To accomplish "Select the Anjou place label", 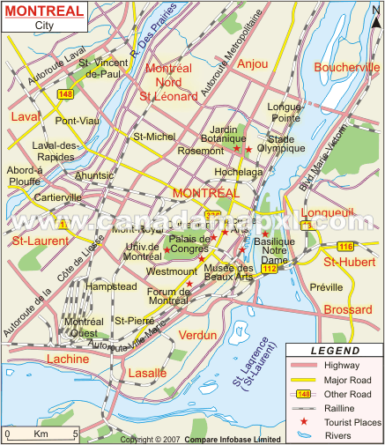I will click(x=253, y=63).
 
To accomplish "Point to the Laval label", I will click(x=26, y=116).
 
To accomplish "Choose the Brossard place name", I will click(x=348, y=310).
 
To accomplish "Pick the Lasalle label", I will click(x=146, y=373).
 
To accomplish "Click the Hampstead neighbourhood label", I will click(x=111, y=287).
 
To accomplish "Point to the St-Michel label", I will click(x=153, y=137).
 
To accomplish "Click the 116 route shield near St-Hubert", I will click(x=344, y=246).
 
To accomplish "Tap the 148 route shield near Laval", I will click(x=65, y=94).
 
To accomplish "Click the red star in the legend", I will click(x=303, y=423).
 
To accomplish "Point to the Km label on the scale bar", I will click(x=41, y=434).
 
